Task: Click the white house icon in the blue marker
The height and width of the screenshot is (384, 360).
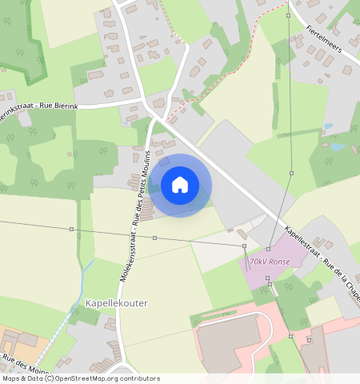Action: click(180, 185)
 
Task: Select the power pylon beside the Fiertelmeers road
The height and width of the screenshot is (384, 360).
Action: click(288, 15)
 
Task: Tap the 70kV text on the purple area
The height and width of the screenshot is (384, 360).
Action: click(257, 262)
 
